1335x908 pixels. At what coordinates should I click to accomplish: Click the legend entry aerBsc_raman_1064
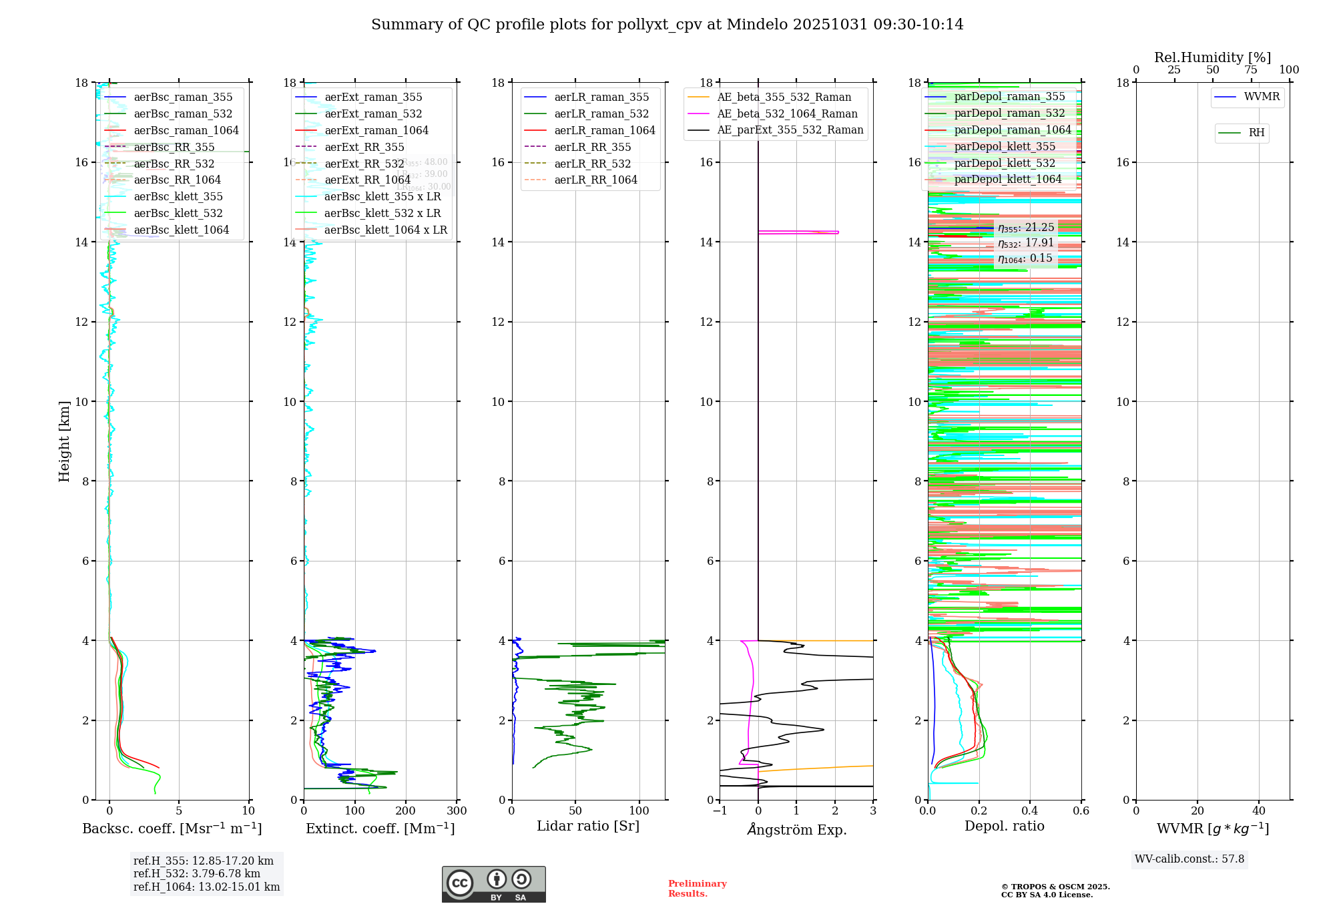click(x=186, y=131)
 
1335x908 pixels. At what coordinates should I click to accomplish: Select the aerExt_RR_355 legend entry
click(x=364, y=148)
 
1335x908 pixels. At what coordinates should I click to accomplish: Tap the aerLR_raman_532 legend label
click(x=601, y=114)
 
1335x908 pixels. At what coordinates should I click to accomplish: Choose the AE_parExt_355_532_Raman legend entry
click(x=790, y=130)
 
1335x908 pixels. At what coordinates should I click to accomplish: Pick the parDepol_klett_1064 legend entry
click(x=1007, y=180)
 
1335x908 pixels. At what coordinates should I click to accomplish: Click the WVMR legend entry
click(x=1261, y=97)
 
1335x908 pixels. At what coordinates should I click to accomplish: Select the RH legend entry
click(x=1256, y=133)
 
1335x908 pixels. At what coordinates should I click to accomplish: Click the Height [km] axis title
click(x=64, y=441)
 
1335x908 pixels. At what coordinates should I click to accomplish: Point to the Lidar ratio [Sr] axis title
click(x=588, y=827)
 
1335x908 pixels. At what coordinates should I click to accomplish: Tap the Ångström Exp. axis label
click(x=796, y=830)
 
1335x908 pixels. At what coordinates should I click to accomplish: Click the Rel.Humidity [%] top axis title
click(x=1212, y=57)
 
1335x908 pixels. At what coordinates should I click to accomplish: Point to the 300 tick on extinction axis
click(x=457, y=811)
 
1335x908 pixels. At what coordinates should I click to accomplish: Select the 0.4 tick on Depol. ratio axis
click(x=1030, y=811)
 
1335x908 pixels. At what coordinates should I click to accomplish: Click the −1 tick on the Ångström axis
click(x=720, y=811)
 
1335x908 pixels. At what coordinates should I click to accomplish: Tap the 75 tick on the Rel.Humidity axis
click(x=1251, y=70)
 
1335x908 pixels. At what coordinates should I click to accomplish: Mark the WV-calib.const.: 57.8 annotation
click(x=1189, y=859)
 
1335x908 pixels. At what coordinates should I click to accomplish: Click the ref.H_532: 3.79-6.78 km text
click(x=197, y=874)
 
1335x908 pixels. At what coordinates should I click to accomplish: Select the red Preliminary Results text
click(x=697, y=889)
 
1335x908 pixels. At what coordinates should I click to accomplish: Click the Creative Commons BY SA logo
click(x=493, y=885)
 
